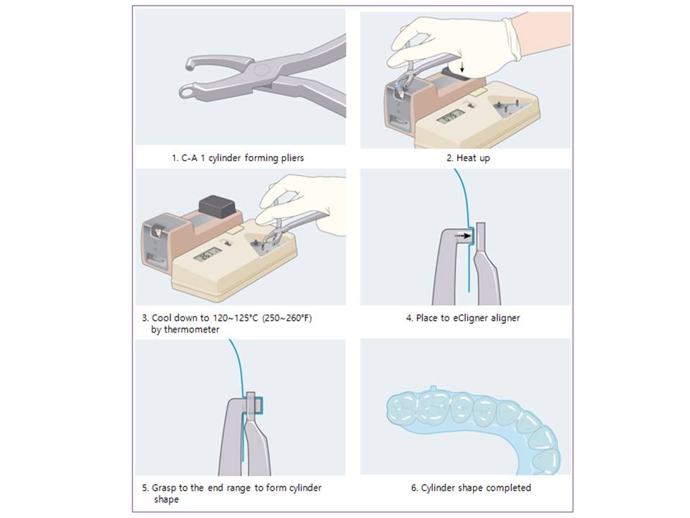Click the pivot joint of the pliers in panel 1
pos(262,71)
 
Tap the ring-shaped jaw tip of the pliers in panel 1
pos(188,92)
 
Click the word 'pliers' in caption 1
pos(293,158)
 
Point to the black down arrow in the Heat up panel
pos(461,67)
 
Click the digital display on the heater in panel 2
pos(450,117)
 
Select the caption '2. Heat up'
pos(468,158)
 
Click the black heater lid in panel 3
pos(216,207)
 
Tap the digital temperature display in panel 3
pos(207,255)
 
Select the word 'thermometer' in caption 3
pos(191,330)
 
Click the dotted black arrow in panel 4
pos(462,236)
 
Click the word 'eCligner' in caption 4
pos(470,318)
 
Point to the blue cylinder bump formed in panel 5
pos(259,406)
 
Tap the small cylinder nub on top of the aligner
pos(433,388)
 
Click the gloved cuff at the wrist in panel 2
pos(511,39)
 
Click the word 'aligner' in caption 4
pos(505,318)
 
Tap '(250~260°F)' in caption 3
pos(287,317)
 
